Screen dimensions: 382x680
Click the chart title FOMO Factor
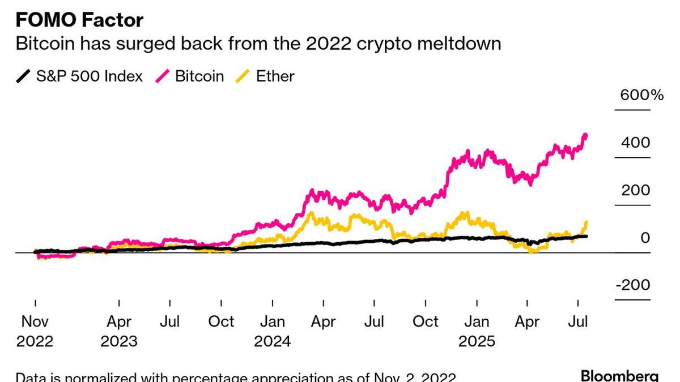[79, 20]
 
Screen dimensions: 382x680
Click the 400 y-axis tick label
[635, 143]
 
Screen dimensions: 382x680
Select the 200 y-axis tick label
[635, 190]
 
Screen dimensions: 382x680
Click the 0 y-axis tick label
[645, 238]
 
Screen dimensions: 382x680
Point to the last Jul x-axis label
[578, 322]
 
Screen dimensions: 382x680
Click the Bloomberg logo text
[619, 376]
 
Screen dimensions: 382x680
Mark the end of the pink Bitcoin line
[586, 135]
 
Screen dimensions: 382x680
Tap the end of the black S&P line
[586, 236]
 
